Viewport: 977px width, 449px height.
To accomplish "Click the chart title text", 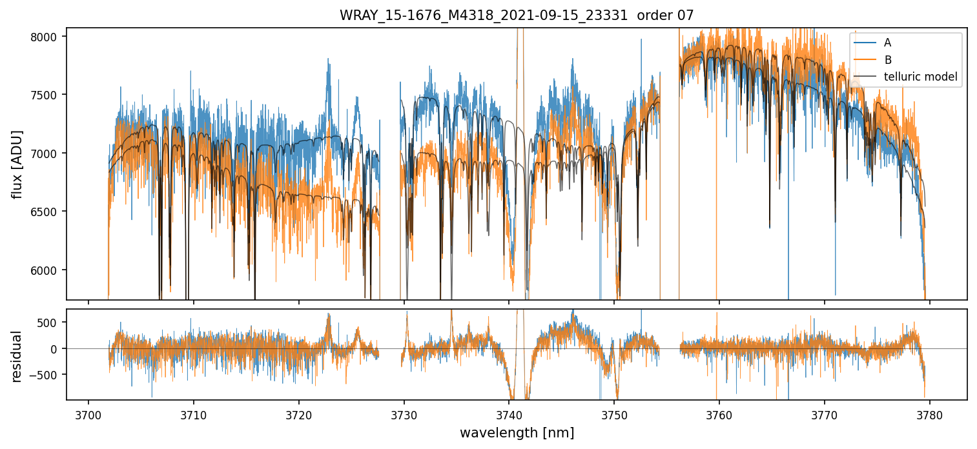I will point(517,15).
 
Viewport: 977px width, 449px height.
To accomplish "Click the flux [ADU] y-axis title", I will point(17,164).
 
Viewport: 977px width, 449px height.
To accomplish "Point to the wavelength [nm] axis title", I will point(517,433).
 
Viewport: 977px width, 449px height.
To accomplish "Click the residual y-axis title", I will point(17,356).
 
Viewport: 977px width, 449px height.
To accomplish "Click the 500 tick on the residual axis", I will point(50,323).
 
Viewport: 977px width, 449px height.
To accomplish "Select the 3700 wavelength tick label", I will point(88,414).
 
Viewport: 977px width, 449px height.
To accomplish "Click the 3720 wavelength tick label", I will point(299,414).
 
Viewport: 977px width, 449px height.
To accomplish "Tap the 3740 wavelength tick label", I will point(509,414).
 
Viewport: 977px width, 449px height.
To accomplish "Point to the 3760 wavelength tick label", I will point(719,414).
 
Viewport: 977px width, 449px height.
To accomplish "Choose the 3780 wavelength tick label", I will point(929,414).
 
